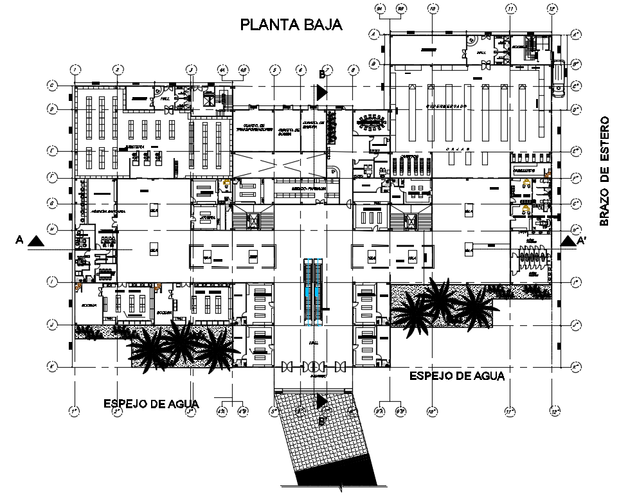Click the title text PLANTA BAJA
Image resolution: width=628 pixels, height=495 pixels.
tap(291, 25)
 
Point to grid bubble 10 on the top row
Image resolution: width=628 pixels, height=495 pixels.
tap(432, 9)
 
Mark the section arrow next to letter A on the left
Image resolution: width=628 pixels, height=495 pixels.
tap(37, 241)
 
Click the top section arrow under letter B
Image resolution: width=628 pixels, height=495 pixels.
tap(322, 92)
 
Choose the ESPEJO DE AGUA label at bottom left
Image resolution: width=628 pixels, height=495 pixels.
tap(152, 404)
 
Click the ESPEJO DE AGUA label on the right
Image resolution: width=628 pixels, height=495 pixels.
tap(457, 375)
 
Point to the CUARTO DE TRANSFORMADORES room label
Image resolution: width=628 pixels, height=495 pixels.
tap(252, 127)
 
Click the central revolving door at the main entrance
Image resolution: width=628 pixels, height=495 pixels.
tap(314, 367)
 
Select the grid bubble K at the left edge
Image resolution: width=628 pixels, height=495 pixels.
tap(51, 367)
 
